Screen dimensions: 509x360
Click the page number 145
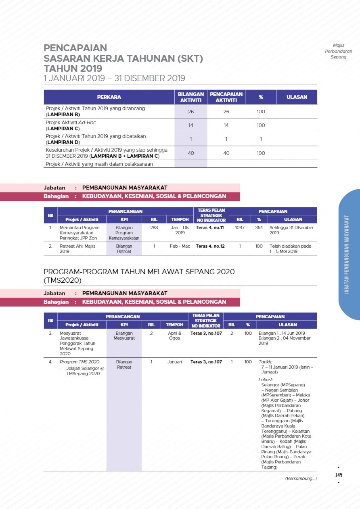point(339,475)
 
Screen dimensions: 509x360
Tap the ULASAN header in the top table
point(297,97)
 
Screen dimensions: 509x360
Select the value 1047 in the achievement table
point(240,227)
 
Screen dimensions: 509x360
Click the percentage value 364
point(259,227)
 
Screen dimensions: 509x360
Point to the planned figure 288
point(154,227)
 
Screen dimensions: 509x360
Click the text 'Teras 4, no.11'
point(209,227)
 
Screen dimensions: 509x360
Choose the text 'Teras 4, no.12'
point(209,246)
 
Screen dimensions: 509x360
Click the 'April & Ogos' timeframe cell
point(174,336)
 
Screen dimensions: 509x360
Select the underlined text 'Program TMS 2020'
point(80,362)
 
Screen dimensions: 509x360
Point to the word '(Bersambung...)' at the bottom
point(301,478)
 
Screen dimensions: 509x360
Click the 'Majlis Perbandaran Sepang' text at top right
point(339,51)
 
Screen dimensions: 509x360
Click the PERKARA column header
point(109,97)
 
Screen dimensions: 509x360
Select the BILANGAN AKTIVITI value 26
point(191,111)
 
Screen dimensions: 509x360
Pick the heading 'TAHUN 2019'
point(73,68)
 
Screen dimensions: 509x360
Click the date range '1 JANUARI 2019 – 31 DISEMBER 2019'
point(114,78)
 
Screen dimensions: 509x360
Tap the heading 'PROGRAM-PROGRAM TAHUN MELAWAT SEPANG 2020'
point(139,271)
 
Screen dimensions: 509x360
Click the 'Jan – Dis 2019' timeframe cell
point(180,230)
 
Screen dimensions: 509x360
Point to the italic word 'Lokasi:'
point(266,380)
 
